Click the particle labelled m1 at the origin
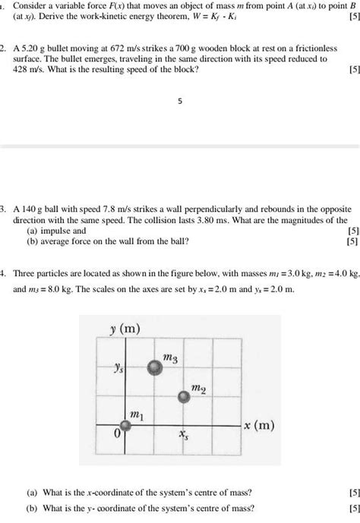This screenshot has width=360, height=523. tap(127, 427)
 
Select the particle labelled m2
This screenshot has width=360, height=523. tap(183, 395)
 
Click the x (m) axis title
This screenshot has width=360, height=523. tap(260, 426)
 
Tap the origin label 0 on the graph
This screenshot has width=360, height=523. tap(116, 436)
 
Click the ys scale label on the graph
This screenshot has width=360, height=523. tap(117, 367)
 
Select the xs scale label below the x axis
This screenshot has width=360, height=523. tap(184, 436)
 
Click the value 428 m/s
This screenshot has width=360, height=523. tap(30, 68)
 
